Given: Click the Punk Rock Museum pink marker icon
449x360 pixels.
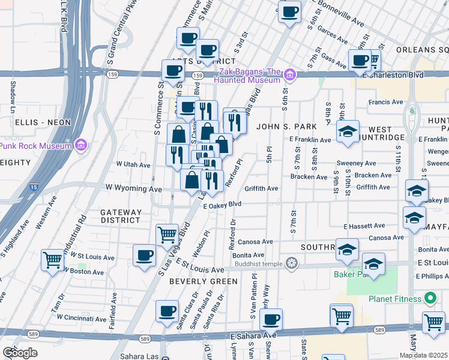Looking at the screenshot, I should [x=82, y=145].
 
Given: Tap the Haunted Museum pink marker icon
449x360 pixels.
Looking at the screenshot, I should [x=290, y=75].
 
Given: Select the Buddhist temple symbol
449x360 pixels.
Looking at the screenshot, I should [x=292, y=262].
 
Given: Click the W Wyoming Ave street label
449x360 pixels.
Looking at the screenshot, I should [x=134, y=188].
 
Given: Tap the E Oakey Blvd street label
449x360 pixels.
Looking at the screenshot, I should [x=222, y=205].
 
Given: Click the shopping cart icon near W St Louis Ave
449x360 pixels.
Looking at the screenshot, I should [x=53, y=260].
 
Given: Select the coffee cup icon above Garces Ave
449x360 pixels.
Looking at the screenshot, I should [x=289, y=11].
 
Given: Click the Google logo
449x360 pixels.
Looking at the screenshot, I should [x=20, y=353].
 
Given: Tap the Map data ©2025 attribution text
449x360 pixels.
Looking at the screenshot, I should [x=423, y=355].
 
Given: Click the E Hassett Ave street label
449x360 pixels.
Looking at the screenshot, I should [x=364, y=226].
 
